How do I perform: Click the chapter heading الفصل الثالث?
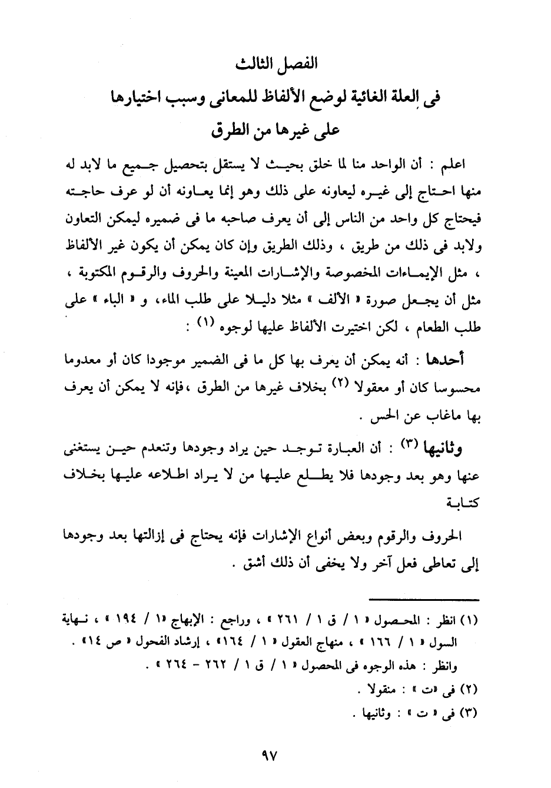pos(275,64)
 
